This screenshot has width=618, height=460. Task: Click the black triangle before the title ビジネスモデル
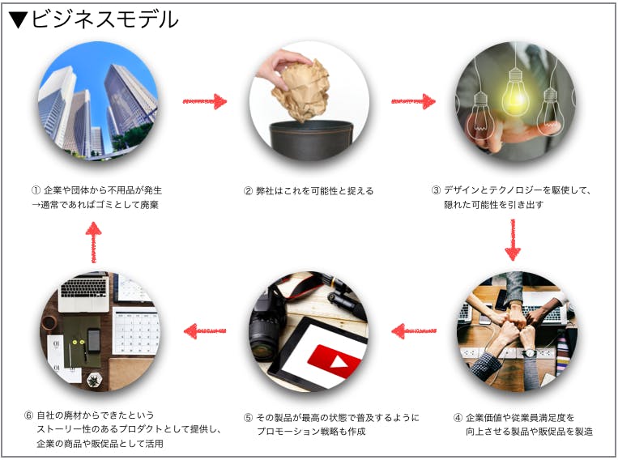coord(18,19)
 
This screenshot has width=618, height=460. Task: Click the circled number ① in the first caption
coord(36,190)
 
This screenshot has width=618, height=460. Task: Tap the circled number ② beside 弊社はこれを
coord(248,191)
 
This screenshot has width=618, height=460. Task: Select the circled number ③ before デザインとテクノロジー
coord(436,190)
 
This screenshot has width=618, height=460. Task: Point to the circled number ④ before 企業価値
coord(458,417)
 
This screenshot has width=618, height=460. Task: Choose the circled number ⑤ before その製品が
coord(248,417)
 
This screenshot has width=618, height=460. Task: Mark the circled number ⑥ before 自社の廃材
coord(29,415)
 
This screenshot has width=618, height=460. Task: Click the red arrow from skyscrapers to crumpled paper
coord(205,101)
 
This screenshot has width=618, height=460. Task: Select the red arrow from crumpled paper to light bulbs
coord(413,101)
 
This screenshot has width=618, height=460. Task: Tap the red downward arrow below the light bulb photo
coord(513,240)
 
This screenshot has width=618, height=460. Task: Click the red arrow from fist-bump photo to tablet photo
coord(414,330)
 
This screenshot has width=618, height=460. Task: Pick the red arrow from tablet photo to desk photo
coord(205,330)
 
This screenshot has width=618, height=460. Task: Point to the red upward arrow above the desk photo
coord(93,242)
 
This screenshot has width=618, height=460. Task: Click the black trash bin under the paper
coord(311,141)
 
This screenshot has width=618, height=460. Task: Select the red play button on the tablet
coord(334,359)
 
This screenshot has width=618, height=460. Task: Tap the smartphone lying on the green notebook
coord(94,340)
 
